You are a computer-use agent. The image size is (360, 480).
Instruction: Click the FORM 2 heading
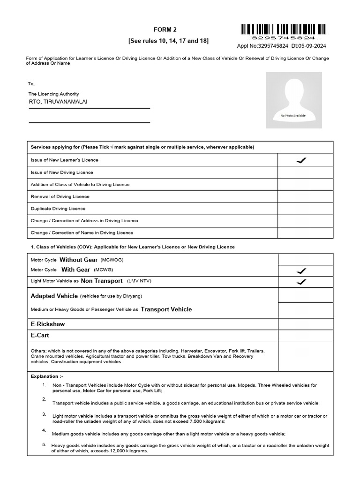click(168, 30)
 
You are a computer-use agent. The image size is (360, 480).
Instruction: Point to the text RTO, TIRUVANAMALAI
click(58, 101)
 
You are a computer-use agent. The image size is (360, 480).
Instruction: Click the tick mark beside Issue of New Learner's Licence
click(301, 160)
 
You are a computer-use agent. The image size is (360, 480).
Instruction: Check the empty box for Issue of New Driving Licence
click(305, 172)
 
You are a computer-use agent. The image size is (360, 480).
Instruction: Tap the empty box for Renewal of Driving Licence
click(305, 196)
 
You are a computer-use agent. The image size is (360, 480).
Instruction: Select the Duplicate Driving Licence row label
click(58, 209)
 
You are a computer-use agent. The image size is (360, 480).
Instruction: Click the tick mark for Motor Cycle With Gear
click(301, 271)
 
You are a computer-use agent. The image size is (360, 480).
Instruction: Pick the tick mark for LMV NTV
click(301, 282)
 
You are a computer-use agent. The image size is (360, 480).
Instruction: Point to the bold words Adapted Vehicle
click(54, 296)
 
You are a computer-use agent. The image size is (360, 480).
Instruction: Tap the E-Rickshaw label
click(47, 324)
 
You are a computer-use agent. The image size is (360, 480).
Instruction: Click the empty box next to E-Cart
click(305, 336)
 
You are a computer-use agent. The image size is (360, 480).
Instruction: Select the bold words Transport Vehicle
click(166, 309)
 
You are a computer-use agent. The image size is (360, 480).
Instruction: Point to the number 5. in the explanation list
click(44, 444)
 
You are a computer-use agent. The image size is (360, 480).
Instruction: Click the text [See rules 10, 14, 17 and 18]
click(168, 41)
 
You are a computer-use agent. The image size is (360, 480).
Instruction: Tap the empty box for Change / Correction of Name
click(305, 232)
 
